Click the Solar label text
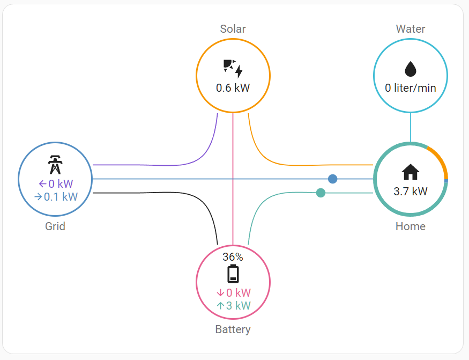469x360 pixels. [x=233, y=29]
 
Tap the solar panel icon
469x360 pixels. [x=233, y=68]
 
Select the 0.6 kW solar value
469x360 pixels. [x=233, y=87]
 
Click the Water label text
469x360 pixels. [x=410, y=29]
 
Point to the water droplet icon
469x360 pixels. [x=410, y=69]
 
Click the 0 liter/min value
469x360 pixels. [x=410, y=87]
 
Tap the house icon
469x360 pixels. [x=410, y=172]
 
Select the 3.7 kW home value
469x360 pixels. [x=410, y=191]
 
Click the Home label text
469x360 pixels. [x=410, y=226]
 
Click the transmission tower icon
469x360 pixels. [x=55, y=165]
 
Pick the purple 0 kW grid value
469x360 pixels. [x=56, y=184]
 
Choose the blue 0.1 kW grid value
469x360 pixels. [x=56, y=197]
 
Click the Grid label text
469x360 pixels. [x=55, y=226]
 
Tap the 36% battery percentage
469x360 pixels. [x=233, y=256]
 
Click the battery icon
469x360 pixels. [x=233, y=274]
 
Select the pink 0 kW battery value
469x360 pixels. [x=233, y=293]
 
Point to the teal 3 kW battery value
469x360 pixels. [x=233, y=306]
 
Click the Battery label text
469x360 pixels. [x=233, y=329]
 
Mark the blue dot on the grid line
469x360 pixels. [x=332, y=179]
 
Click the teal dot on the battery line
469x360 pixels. [x=321, y=193]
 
